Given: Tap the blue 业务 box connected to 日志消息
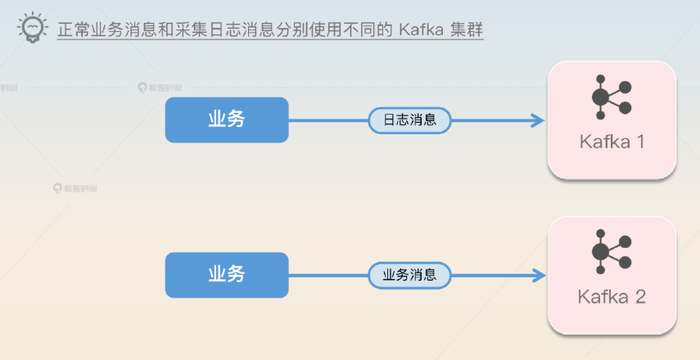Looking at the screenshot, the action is [227, 119].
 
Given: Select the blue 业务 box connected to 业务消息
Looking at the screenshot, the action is [227, 274].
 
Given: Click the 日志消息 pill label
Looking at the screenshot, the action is [409, 119].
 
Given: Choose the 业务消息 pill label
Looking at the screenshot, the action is [409, 275].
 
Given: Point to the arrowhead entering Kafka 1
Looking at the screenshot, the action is [538, 120].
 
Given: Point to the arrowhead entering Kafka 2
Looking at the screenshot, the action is [538, 275].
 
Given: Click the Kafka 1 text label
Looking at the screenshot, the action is [612, 142].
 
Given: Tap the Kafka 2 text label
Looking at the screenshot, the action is [612, 296].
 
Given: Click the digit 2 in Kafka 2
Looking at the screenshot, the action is [639, 296].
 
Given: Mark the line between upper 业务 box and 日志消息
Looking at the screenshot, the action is [327, 120].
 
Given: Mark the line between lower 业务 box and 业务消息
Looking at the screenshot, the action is [327, 275].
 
